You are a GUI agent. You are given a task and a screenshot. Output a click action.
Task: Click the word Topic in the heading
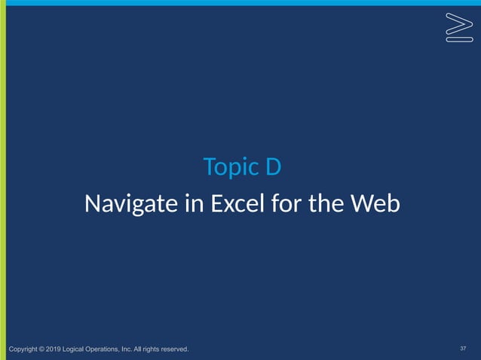pos(228,167)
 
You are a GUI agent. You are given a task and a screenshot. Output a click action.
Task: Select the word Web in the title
pos(372,204)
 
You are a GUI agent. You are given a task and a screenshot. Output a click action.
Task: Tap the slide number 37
pos(463,349)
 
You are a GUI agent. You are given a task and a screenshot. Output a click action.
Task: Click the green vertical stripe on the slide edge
pos(3,181)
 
